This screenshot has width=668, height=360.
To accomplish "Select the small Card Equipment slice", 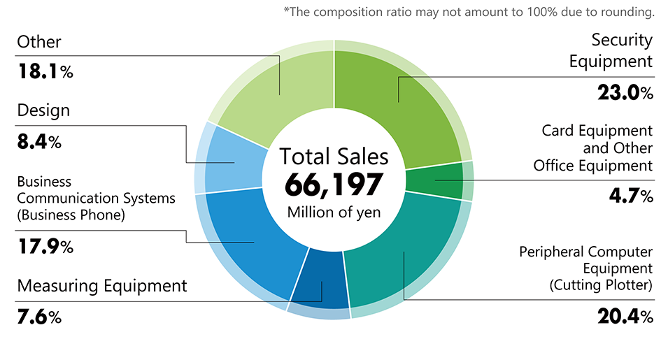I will tap(435, 180).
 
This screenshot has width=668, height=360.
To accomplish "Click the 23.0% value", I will tap(625, 93).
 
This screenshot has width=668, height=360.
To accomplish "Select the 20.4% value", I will tap(625, 317).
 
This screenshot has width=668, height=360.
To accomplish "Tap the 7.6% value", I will tap(39, 317).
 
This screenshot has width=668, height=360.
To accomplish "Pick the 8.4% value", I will tap(39, 143).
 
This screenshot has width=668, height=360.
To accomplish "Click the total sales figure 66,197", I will tap(334, 185).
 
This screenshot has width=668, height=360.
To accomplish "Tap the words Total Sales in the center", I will tap(334, 156).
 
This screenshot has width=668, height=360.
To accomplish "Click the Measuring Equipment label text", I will tap(102, 286).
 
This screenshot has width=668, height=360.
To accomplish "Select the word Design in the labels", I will tap(43, 110).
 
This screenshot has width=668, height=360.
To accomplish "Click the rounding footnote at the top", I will tap(469, 12).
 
